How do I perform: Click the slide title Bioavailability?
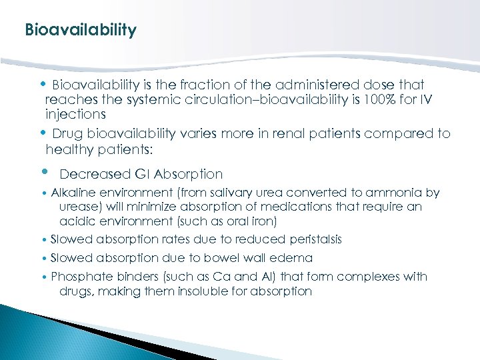[80, 31]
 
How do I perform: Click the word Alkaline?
[73, 193]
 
